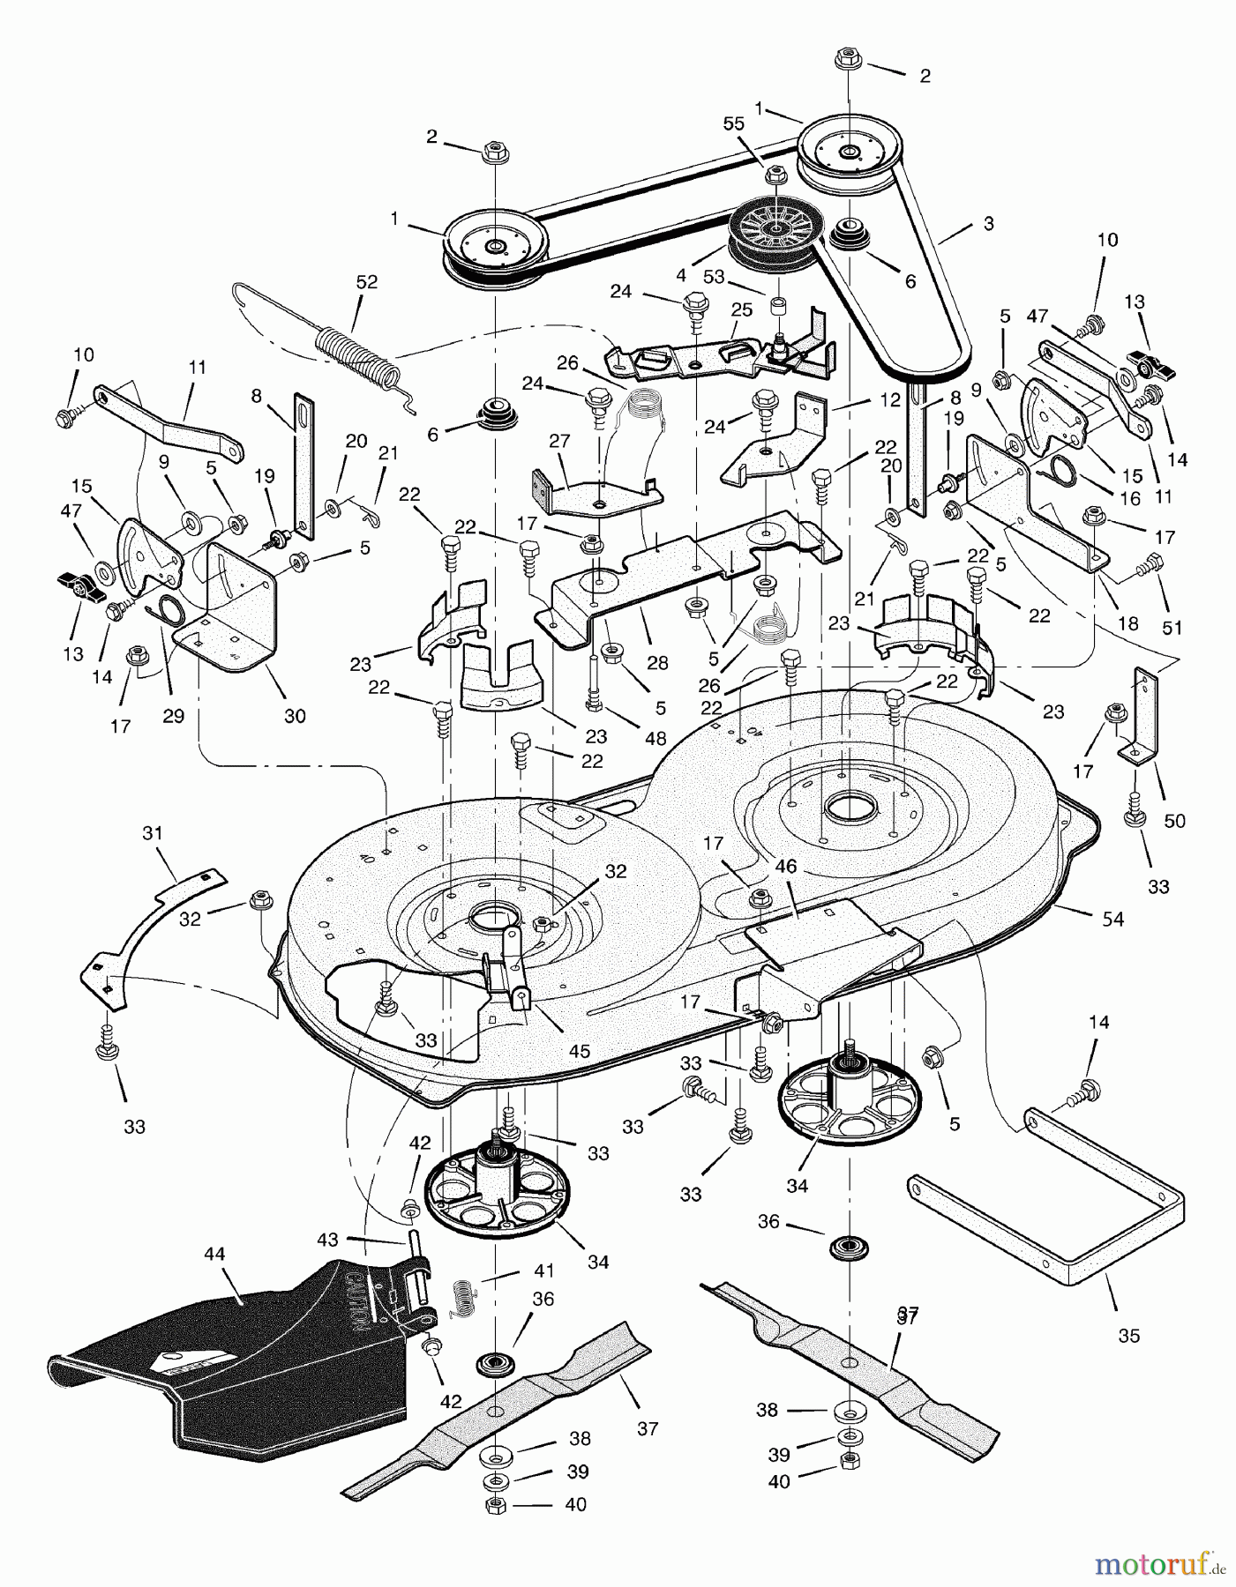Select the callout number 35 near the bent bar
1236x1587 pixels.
click(x=1128, y=1336)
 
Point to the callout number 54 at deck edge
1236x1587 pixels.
click(x=1112, y=920)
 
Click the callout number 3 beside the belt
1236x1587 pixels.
click(x=988, y=224)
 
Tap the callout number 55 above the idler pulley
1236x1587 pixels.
click(x=734, y=125)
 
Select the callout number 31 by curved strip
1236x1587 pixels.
click(x=153, y=832)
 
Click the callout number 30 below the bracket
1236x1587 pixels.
click(x=295, y=716)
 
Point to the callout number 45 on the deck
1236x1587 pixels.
click(x=580, y=1052)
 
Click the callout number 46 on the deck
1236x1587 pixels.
click(x=785, y=867)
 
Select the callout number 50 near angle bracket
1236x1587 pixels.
click(x=1174, y=821)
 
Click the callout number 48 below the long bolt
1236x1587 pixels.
click(x=655, y=740)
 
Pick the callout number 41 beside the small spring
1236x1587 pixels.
click(x=543, y=1271)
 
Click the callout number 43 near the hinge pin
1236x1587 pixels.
click(x=327, y=1240)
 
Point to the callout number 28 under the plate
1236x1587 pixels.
click(x=657, y=662)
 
